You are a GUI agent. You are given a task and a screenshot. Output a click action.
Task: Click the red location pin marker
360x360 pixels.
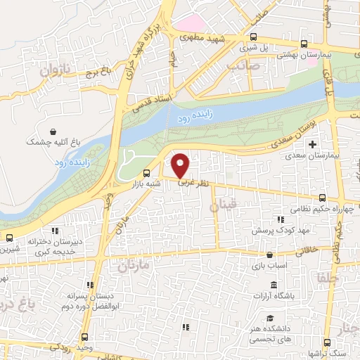pyautogui.click(x=181, y=165)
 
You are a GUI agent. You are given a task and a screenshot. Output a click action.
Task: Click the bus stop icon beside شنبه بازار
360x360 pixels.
pyautogui.click(x=147, y=173)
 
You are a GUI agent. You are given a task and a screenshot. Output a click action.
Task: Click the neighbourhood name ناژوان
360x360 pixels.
pyautogui.click(x=56, y=72)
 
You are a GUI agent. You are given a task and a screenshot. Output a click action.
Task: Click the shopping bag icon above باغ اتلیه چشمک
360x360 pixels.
pyautogui.click(x=54, y=131)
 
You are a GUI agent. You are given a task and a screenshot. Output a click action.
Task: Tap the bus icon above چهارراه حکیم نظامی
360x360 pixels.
pyautogui.click(x=322, y=198)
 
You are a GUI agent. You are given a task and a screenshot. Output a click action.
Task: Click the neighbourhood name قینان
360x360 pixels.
pyautogui.click(x=224, y=205)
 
